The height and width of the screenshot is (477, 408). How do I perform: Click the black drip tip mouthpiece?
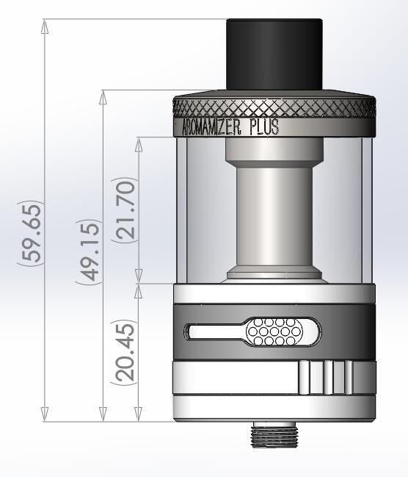(274, 55)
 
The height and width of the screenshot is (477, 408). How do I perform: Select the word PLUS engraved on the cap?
(263, 127)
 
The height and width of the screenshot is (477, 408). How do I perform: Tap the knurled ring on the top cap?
(275, 108)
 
